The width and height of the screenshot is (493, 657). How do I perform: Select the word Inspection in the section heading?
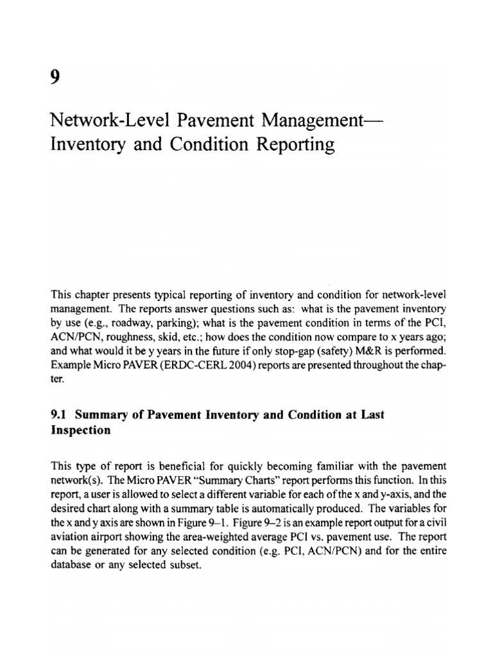pyautogui.click(x=80, y=431)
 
